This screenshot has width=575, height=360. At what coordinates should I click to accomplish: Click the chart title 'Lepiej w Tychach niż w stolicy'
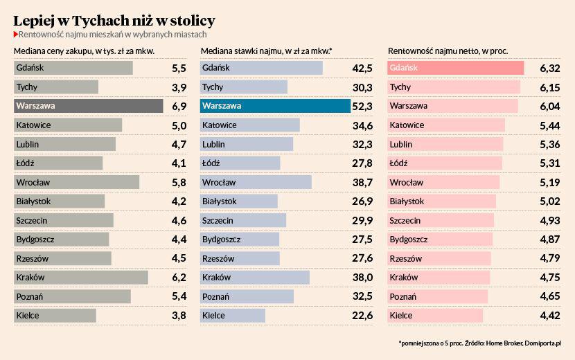[x=114, y=20]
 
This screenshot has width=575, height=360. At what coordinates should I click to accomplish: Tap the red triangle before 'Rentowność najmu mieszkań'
[x=16, y=34]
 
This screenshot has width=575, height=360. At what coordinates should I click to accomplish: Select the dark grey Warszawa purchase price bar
[x=88, y=106]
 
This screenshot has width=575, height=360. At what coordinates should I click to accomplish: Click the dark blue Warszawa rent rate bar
[x=275, y=106]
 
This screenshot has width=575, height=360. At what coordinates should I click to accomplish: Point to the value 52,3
[x=362, y=106]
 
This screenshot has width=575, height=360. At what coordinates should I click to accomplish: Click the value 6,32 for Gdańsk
[x=549, y=68]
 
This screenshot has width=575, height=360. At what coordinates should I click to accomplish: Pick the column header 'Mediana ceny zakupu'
[x=84, y=51]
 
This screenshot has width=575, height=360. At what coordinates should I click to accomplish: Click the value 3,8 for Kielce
[x=179, y=316]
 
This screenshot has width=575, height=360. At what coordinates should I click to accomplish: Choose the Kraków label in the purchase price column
[x=30, y=277]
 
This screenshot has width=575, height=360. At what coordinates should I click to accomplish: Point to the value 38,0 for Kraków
[x=362, y=277]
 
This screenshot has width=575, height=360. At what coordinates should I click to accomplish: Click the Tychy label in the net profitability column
[x=400, y=87]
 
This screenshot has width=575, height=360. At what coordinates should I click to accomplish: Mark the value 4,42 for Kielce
[x=549, y=316]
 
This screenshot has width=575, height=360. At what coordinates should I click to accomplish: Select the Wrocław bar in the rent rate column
[x=256, y=182]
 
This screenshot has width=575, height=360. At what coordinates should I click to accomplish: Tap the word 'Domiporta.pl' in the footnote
[x=543, y=343]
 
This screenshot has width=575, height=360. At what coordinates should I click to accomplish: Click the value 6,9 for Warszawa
[x=179, y=106]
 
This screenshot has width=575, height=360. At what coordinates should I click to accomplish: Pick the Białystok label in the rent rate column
[x=219, y=201]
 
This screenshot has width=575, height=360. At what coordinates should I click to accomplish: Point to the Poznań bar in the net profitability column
[x=437, y=296]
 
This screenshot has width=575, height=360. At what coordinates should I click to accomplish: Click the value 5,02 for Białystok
[x=549, y=201]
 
